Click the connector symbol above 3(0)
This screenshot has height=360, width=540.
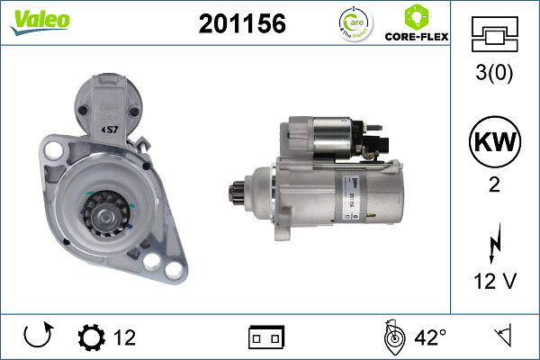tap(494, 36)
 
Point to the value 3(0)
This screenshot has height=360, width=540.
tap(494, 75)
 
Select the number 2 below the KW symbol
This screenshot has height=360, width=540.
tap(494, 186)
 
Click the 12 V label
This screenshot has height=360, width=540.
tap(494, 282)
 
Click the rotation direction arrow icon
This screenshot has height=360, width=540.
tap(38, 337)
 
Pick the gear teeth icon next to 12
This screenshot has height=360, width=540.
tap(92, 338)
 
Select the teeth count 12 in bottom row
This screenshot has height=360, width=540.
tap(125, 338)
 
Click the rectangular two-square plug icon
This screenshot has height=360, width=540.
tap(265, 338)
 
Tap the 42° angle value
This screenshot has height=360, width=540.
tap(431, 338)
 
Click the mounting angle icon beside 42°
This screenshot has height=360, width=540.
tap(393, 338)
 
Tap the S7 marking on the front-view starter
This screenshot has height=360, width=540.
tap(113, 128)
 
